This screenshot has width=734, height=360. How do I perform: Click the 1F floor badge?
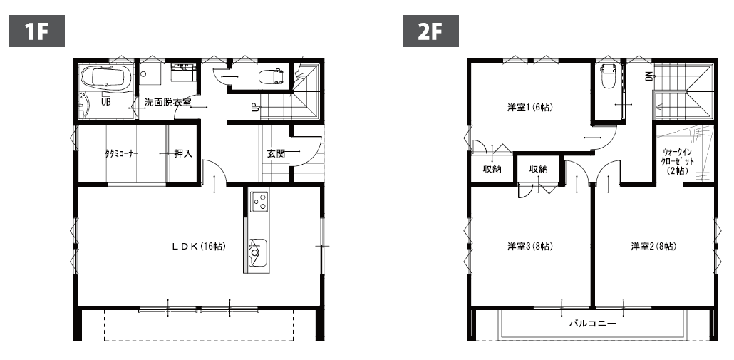point(37,31)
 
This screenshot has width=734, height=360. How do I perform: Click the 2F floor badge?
point(431,31)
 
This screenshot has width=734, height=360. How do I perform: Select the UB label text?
point(106,102)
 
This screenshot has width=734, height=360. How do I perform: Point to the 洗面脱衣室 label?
point(167,102)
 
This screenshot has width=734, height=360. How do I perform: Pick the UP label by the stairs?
point(254,108)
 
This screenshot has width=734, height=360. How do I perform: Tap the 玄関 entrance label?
point(276,153)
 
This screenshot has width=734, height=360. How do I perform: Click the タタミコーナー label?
point(121,153)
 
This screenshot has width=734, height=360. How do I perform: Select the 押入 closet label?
point(183,153)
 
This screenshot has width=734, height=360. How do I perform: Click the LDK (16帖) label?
point(199,246)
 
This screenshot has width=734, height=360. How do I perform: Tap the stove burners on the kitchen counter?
point(259,202)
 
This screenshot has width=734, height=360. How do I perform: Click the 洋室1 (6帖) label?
point(530,107)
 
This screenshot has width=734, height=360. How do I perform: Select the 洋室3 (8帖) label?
point(530,246)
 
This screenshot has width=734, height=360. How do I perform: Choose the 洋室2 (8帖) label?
point(653,246)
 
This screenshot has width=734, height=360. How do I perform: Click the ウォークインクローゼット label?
point(678,161)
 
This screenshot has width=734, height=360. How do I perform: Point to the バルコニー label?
point(592,324)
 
